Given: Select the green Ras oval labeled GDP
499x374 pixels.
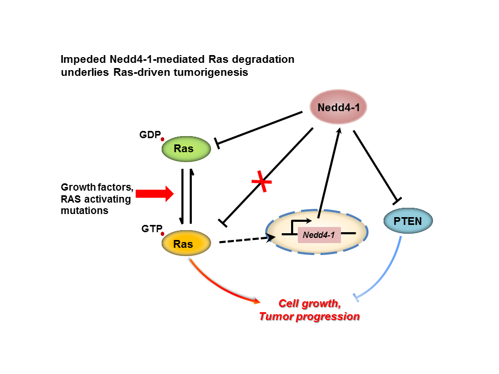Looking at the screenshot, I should coord(186,149).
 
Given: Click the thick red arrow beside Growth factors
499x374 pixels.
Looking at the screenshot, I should coord(154,194).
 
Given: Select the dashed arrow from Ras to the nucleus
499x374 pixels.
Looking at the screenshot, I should coord(244,240).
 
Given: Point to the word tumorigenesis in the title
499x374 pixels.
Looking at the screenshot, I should coord(213,73).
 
